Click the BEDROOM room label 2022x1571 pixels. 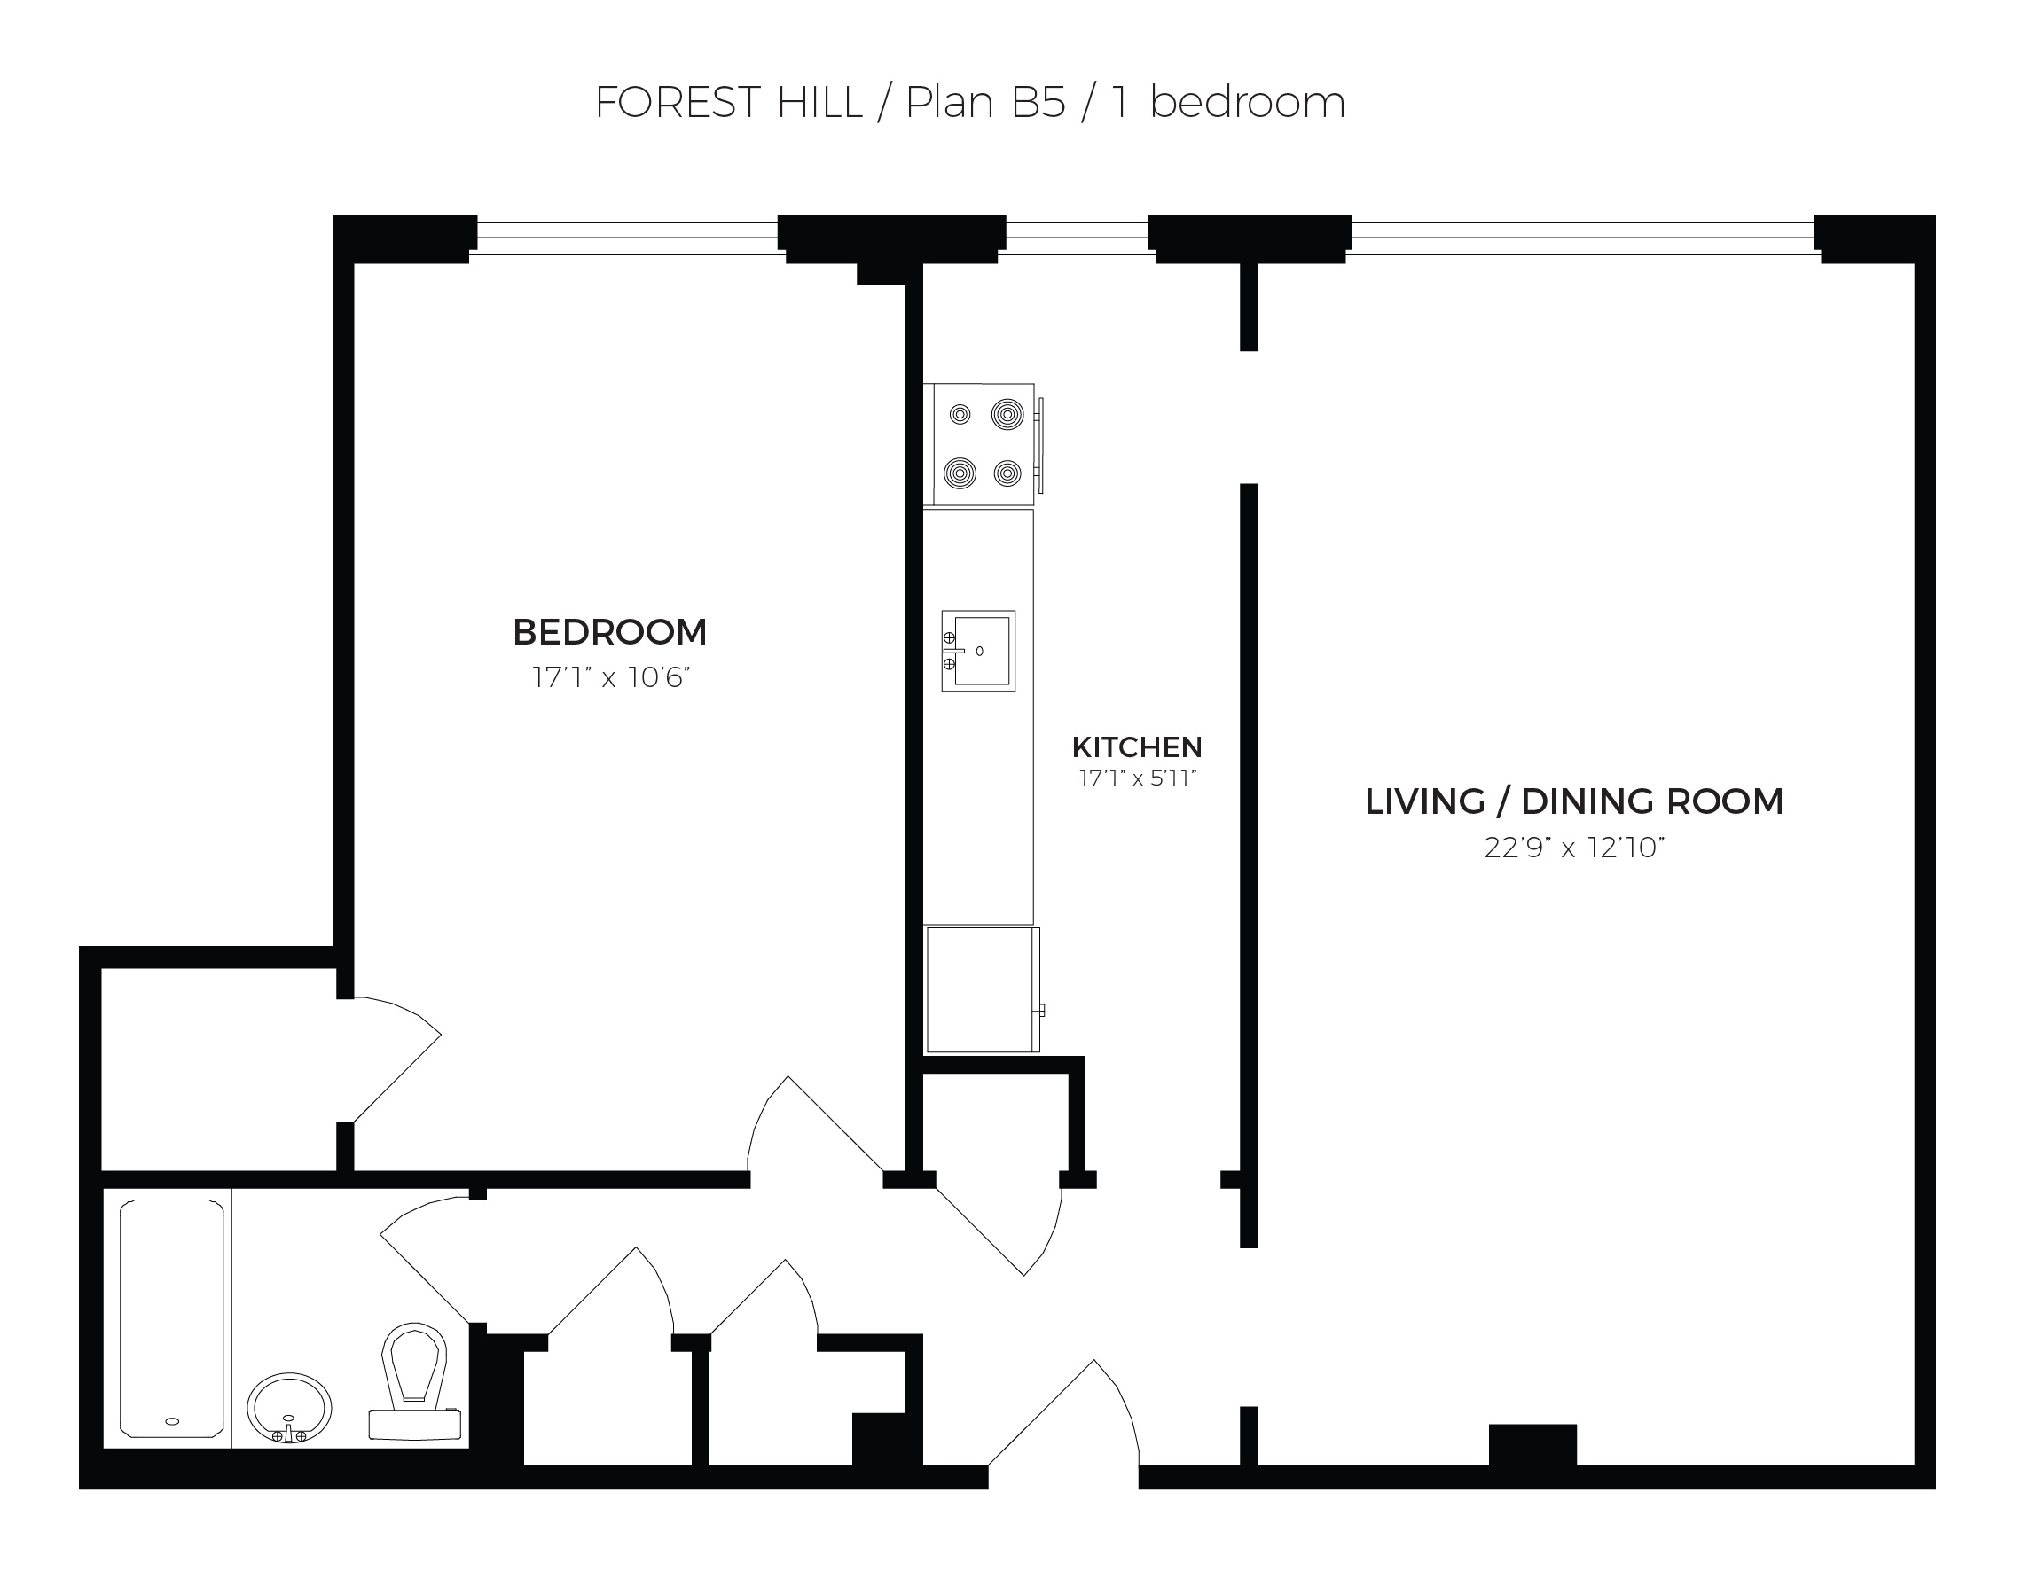[609, 632]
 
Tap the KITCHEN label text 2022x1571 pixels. [1137, 747]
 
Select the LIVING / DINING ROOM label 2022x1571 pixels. [1574, 801]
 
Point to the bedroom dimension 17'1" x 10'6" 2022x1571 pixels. [611, 677]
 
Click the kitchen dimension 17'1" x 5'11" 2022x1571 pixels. [1138, 778]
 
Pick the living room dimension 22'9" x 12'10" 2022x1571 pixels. [1574, 847]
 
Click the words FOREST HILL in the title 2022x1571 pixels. [729, 103]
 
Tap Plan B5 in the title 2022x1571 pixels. [986, 103]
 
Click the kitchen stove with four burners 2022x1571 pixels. [984, 444]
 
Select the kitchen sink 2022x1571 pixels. [978, 651]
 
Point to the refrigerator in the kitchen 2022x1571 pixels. [984, 989]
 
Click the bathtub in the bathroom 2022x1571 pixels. [172, 1318]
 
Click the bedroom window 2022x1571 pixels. [627, 238]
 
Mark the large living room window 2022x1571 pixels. [1583, 238]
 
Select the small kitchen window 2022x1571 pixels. [1077, 238]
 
